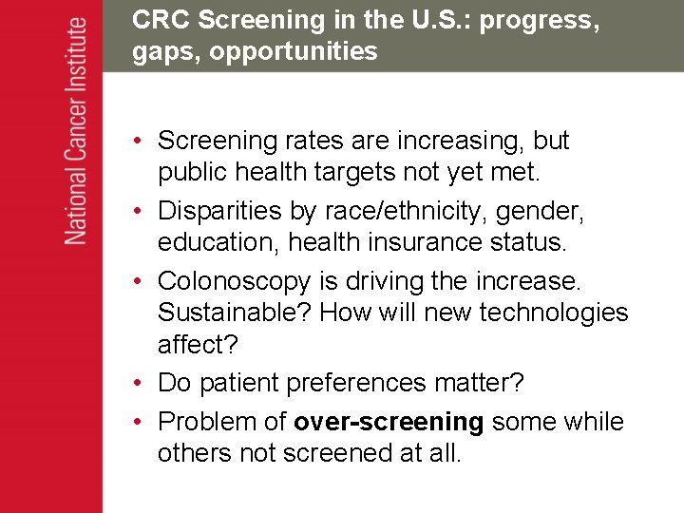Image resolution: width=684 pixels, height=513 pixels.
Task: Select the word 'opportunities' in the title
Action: click(x=294, y=51)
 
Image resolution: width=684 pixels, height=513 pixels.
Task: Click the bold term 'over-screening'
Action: click(x=389, y=421)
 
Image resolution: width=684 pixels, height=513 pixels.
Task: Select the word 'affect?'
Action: click(x=197, y=344)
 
